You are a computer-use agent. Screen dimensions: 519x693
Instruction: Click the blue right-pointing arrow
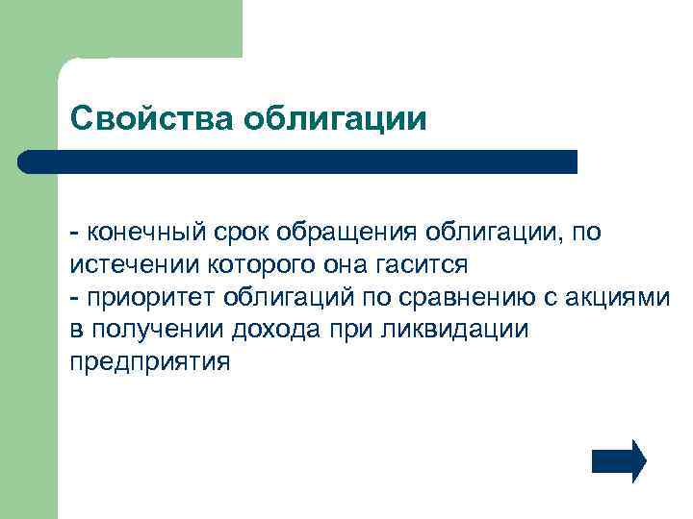(x=619, y=460)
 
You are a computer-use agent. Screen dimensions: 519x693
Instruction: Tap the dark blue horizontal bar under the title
(x=298, y=161)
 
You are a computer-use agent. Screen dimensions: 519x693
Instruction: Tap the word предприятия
(x=150, y=362)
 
